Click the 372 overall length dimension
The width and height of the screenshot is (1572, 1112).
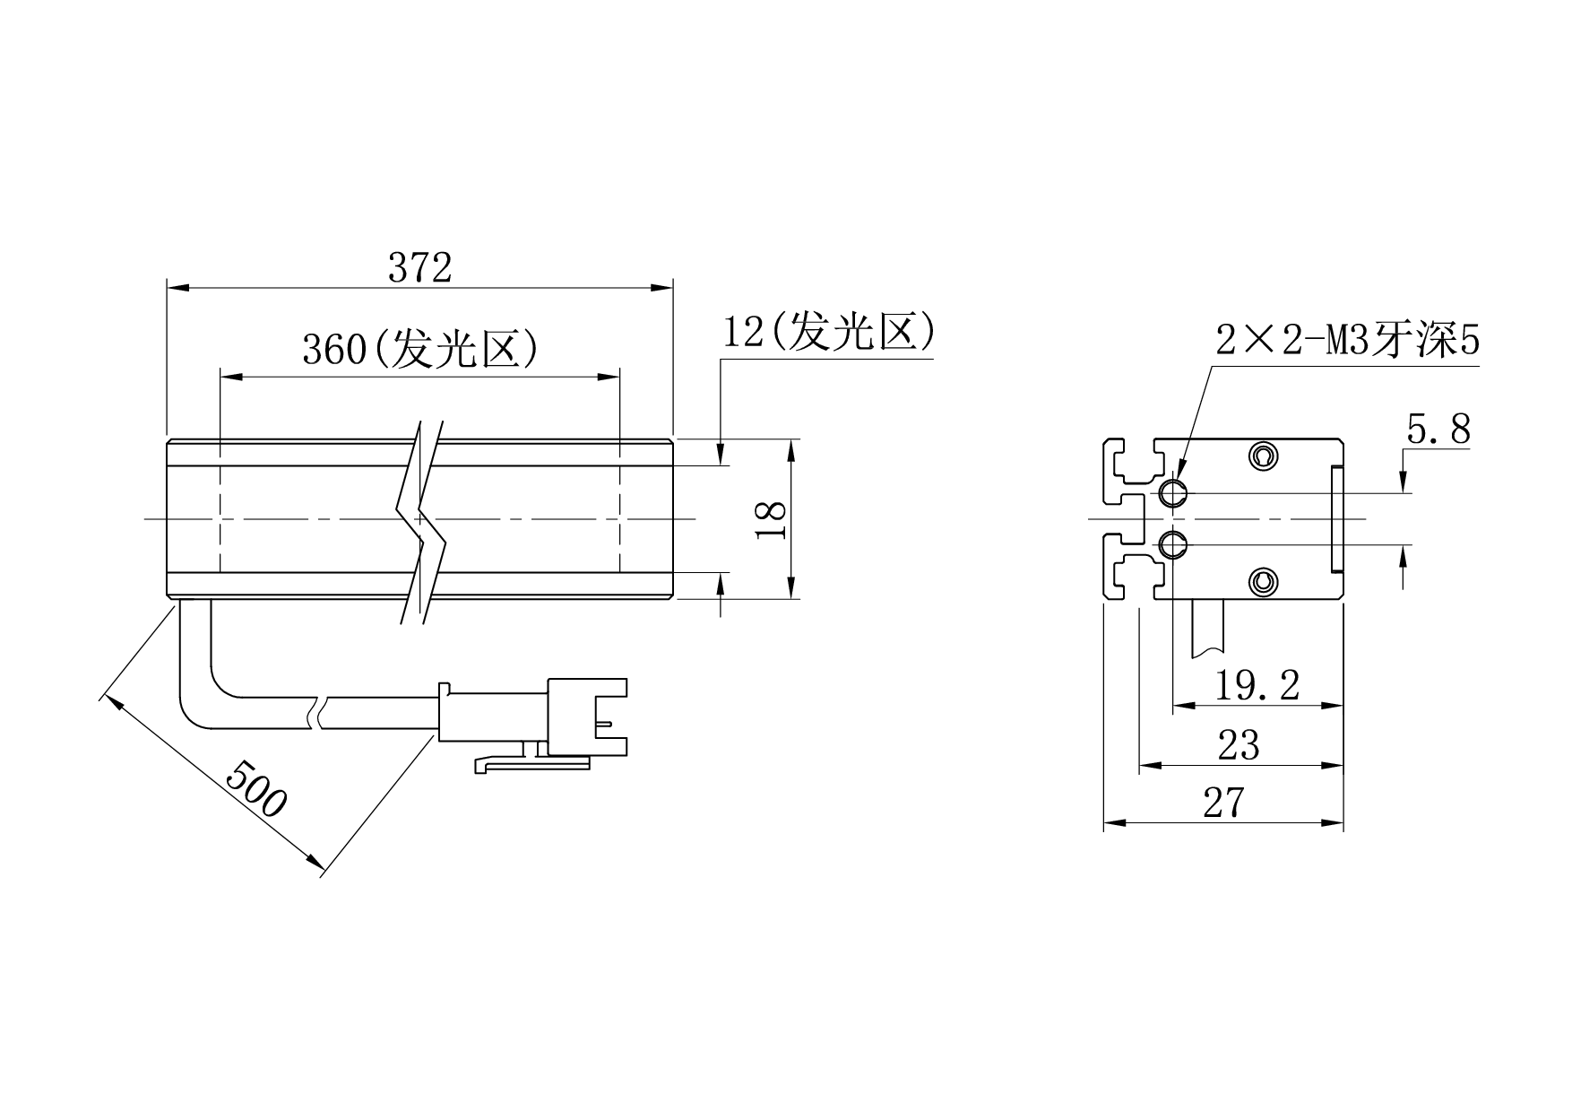(419, 267)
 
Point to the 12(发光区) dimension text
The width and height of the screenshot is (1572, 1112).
(829, 332)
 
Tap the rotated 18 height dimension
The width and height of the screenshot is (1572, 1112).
(772, 519)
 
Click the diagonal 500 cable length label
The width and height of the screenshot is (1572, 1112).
(255, 787)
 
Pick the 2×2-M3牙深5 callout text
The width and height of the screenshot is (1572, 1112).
(1347, 341)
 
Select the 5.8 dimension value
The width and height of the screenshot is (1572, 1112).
(1438, 430)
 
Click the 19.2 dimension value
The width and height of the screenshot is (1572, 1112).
(1257, 686)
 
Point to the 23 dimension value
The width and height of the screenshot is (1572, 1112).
(1239, 745)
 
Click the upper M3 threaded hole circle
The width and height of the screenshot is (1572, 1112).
(1172, 492)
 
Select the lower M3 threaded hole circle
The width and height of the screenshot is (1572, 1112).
(1172, 544)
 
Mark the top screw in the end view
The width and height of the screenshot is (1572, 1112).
(1263, 457)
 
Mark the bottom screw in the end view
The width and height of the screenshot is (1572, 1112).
(1263, 582)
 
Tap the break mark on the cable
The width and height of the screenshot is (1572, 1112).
(321, 714)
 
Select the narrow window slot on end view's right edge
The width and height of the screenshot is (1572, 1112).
(1337, 519)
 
